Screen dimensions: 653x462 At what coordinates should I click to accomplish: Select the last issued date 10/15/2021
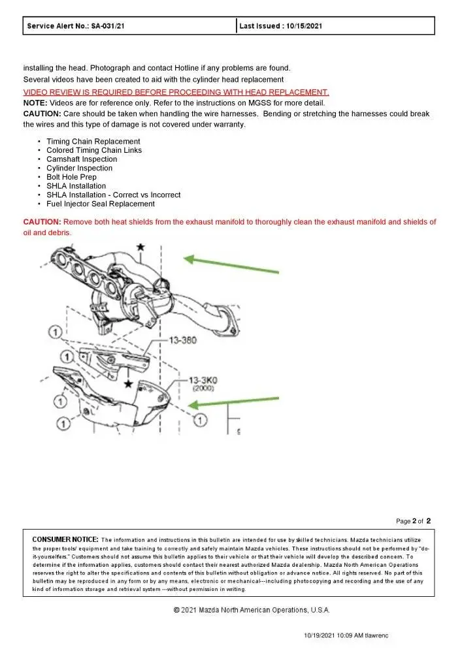[x=300, y=26]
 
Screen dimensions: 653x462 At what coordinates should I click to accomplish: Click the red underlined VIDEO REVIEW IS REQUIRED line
[x=176, y=92]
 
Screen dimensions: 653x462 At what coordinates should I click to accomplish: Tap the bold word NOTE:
[x=35, y=103]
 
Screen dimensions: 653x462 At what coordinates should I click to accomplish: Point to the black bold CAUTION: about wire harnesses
[x=42, y=114]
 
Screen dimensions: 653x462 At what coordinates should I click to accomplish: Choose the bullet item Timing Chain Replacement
[x=93, y=141]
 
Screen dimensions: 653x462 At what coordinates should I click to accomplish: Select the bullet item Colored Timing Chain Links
[x=93, y=150]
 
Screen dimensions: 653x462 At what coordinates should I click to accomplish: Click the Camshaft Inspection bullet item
[x=82, y=159]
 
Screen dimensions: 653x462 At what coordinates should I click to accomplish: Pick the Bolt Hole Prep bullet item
[x=71, y=177]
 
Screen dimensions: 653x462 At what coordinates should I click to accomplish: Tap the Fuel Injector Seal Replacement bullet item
[x=100, y=204]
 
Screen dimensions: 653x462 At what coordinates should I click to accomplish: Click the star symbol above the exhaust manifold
[x=139, y=247]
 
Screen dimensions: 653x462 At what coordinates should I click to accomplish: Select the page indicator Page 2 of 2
[x=413, y=521]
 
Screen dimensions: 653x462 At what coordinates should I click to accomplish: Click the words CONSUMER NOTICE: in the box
[x=65, y=539]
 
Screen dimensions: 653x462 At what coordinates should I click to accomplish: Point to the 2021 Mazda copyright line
[x=251, y=610]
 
